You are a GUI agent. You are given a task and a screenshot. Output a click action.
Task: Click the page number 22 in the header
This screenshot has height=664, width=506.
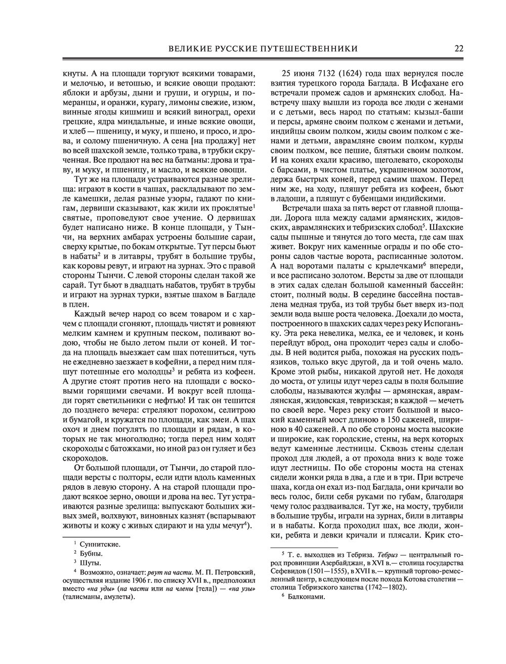pyautogui.click(x=459, y=48)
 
